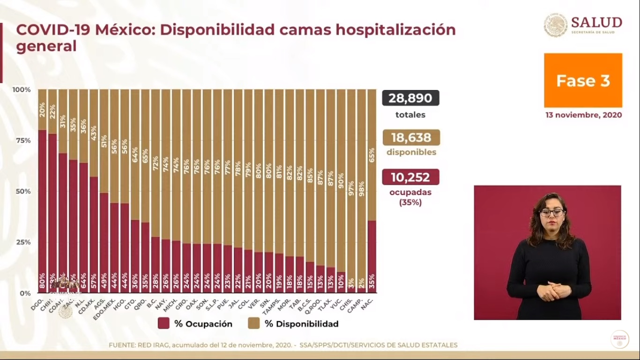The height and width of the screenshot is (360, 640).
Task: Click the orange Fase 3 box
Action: (x=583, y=81)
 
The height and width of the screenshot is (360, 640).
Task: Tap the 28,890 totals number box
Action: (x=410, y=98)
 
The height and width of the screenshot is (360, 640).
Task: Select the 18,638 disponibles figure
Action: (x=411, y=137)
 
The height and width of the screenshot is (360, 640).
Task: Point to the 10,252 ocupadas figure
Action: (x=410, y=177)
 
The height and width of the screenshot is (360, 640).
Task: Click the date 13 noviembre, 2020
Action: (x=583, y=115)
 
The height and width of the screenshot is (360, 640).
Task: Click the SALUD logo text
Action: (x=596, y=22)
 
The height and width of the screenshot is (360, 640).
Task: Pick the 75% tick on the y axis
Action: (x=22, y=141)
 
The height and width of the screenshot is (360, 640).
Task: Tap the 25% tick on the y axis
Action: (x=22, y=242)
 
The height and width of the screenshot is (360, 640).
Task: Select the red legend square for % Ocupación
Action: (x=164, y=323)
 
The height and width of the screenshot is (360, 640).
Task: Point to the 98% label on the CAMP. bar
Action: (x=361, y=187)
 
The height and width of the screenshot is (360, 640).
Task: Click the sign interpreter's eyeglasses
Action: (x=551, y=212)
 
